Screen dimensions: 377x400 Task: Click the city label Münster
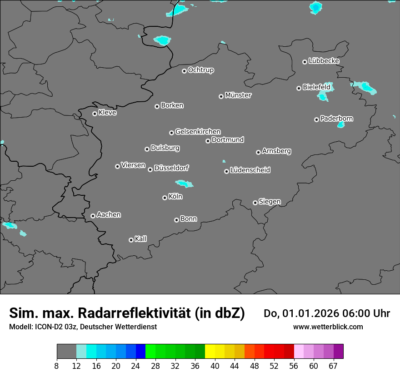pyautogui.click(x=238, y=95)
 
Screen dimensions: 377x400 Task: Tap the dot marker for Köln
pyautogui.click(x=165, y=198)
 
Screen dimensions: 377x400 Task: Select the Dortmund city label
pyautogui.click(x=228, y=140)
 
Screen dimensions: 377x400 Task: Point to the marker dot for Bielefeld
pyautogui.click(x=299, y=88)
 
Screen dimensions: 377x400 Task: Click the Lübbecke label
pyautogui.click(x=324, y=61)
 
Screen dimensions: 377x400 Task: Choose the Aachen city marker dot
pyautogui.click(x=93, y=216)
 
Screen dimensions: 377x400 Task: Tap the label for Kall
pyautogui.click(x=141, y=239)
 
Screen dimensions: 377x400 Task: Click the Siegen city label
pyautogui.click(x=270, y=202)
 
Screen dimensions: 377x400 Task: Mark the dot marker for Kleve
pyautogui.click(x=95, y=114)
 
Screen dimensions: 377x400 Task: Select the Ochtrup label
pyautogui.click(x=201, y=70)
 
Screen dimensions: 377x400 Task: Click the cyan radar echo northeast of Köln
pyautogui.click(x=184, y=184)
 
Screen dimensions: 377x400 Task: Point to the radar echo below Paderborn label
pyautogui.click(x=341, y=124)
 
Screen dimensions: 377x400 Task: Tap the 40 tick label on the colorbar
pyautogui.click(x=214, y=366)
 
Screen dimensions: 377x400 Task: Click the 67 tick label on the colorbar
pyautogui.click(x=333, y=366)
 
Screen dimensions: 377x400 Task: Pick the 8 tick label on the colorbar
pyautogui.click(x=57, y=366)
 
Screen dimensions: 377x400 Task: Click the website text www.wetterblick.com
pyautogui.click(x=328, y=327)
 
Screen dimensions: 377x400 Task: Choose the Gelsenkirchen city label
pyautogui.click(x=198, y=132)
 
